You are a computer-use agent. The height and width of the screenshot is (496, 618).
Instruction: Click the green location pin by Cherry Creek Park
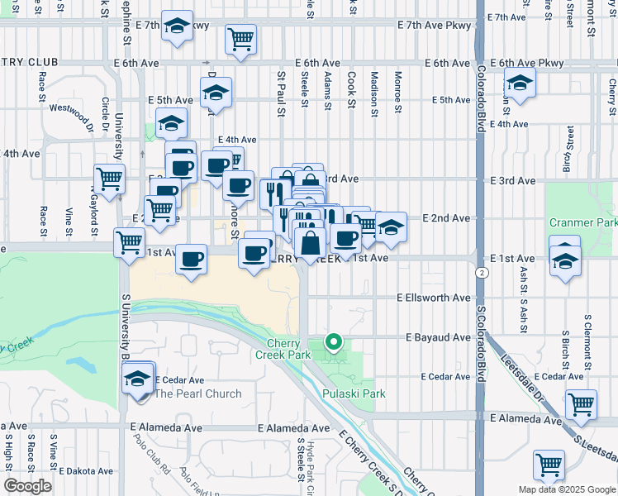coord(334,341)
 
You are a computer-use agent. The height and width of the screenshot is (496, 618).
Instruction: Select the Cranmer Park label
coord(582,223)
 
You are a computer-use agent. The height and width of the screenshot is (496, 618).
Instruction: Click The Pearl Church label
coord(197,393)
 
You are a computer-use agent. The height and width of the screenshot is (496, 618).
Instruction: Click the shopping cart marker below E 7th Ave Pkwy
coord(240,39)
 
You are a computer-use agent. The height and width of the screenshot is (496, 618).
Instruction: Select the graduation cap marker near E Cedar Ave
coord(138,379)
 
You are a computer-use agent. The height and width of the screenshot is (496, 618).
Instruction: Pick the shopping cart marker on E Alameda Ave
coord(581,405)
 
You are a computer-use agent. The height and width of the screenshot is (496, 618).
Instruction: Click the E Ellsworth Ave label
coord(433,298)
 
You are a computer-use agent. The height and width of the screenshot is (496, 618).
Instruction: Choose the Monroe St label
coord(397,92)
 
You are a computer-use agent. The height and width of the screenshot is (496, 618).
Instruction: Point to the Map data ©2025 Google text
coord(565,489)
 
